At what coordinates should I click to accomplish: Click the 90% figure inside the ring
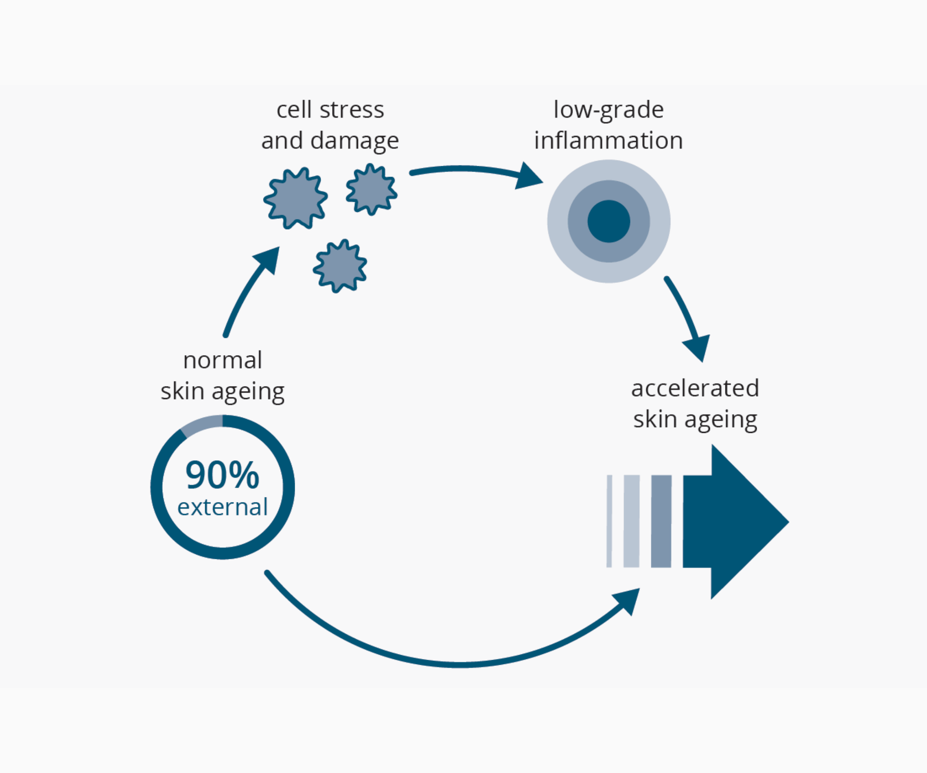[x=222, y=475]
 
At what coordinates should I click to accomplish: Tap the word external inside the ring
[x=222, y=507]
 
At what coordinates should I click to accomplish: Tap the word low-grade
[x=608, y=111]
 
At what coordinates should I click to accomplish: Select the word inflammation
[x=608, y=140]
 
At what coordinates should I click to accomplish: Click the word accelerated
[x=695, y=388]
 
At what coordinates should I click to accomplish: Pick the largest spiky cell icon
[x=295, y=198]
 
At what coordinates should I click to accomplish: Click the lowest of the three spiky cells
[x=340, y=266]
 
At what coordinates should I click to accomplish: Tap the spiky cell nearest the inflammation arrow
[x=372, y=189]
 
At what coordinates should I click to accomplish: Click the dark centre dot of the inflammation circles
[x=609, y=221]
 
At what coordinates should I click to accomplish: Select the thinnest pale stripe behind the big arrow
[x=609, y=521]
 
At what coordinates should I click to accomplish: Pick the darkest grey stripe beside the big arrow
[x=661, y=521]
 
